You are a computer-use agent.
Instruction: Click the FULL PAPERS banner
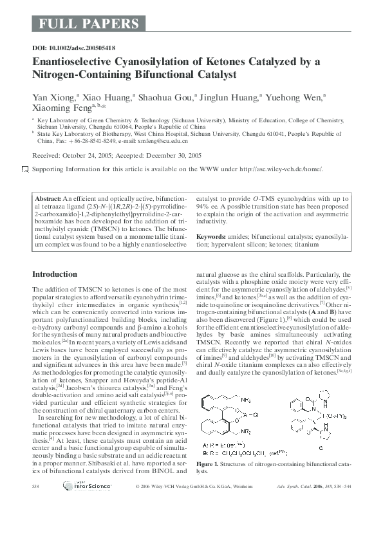(x=86, y=24)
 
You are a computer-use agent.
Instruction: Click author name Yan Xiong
(x=53, y=97)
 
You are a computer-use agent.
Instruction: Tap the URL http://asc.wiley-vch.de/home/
(x=277, y=169)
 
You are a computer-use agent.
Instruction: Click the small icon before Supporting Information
(x=25, y=169)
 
